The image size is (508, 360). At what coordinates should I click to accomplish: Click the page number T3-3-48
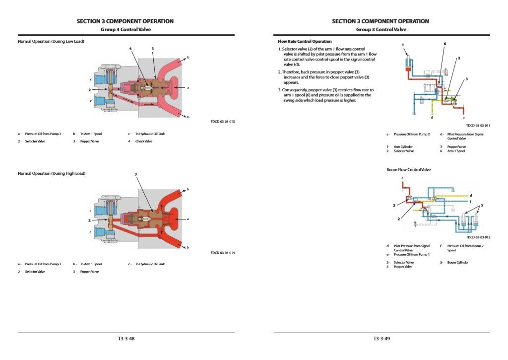(x=126, y=339)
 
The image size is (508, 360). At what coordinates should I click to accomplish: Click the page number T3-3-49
(x=381, y=339)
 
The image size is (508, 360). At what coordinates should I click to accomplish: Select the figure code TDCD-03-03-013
(x=223, y=121)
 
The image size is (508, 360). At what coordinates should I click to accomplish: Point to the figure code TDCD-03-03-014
(x=223, y=253)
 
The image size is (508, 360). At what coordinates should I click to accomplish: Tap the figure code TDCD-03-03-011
(x=478, y=126)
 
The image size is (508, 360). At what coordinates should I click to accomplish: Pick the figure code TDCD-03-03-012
(x=478, y=237)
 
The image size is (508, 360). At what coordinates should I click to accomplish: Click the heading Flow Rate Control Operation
(x=305, y=41)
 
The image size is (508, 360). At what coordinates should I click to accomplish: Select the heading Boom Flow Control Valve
(x=408, y=170)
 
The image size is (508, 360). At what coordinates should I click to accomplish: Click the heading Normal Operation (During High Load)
(x=52, y=173)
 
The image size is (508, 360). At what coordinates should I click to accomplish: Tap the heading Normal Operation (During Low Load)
(x=51, y=41)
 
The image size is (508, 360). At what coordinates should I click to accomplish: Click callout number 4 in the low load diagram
(x=130, y=49)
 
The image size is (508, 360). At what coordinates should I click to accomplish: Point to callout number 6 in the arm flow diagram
(x=445, y=44)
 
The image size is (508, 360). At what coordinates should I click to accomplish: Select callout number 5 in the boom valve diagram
(x=482, y=205)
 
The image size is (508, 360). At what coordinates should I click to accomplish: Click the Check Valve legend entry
(x=143, y=142)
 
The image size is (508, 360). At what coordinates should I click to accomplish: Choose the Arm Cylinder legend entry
(x=403, y=147)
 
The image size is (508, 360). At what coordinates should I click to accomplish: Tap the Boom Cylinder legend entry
(x=457, y=263)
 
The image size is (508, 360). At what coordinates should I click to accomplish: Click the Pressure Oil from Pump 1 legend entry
(x=411, y=254)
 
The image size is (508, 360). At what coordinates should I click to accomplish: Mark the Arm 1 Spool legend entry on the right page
(x=456, y=151)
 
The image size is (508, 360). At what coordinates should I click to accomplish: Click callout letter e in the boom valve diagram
(x=402, y=178)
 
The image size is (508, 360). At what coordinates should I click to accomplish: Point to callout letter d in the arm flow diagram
(x=432, y=118)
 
